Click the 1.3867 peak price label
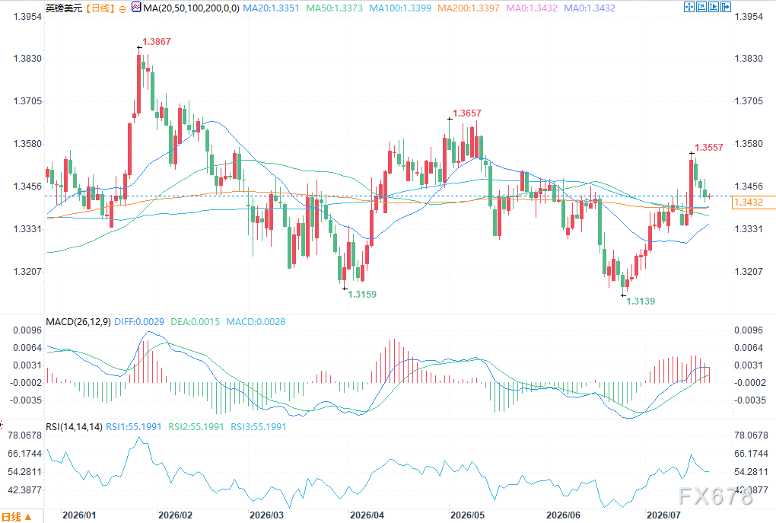pyautogui.click(x=157, y=42)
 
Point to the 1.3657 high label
pyautogui.click(x=466, y=113)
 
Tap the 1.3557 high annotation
pyautogui.click(x=709, y=148)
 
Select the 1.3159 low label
pyautogui.click(x=362, y=294)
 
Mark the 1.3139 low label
pyautogui.click(x=641, y=301)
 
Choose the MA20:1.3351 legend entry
pyautogui.click(x=271, y=8)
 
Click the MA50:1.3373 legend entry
pyautogui.click(x=334, y=8)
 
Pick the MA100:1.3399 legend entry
pyautogui.click(x=400, y=8)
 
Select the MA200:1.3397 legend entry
pyautogui.click(x=469, y=8)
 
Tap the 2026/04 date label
pyautogui.click(x=367, y=515)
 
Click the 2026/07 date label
pyautogui.click(x=663, y=515)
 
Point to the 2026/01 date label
pyautogui.click(x=79, y=515)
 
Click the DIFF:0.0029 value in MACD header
pyautogui.click(x=139, y=322)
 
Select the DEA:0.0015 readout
pyautogui.click(x=195, y=322)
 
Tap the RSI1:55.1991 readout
pyautogui.click(x=134, y=427)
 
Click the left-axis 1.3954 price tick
pyautogui.click(x=27, y=17)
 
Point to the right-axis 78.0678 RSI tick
pyautogui.click(x=751, y=435)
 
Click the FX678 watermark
pyautogui.click(x=715, y=496)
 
